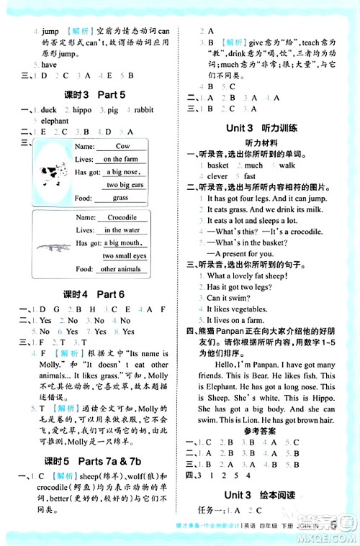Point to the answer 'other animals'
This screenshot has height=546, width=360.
pos(121,269)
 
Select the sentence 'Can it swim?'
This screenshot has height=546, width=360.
pos(228,298)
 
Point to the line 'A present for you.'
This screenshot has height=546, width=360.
pos(243,253)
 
